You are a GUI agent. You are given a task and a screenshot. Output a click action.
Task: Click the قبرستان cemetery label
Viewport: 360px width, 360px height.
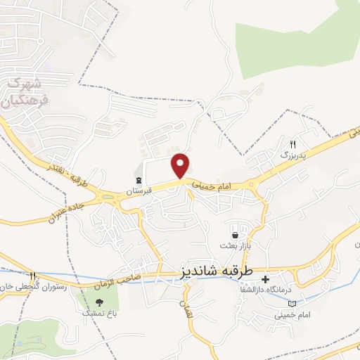[139, 191]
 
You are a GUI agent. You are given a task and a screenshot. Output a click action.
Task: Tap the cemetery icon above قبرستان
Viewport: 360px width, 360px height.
[139, 180]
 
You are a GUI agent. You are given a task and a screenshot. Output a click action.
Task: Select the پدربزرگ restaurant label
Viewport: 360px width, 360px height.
[295, 153]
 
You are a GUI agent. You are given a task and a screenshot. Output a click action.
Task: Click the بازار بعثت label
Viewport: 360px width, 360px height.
[236, 245]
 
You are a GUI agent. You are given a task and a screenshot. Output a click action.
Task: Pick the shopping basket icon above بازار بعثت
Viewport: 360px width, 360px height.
[236, 234]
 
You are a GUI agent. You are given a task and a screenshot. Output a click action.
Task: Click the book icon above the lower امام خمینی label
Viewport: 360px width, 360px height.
[292, 304]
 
